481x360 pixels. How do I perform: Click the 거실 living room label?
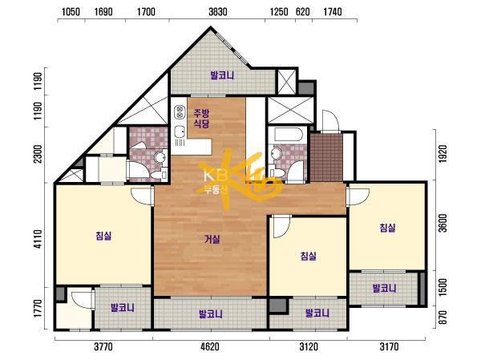click(x=212, y=239)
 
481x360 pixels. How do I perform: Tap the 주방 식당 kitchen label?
click(x=201, y=119)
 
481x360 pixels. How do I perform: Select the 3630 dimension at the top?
click(x=218, y=12)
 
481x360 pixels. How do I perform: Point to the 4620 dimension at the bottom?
click(x=210, y=347)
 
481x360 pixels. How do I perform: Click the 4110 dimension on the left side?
click(x=38, y=239)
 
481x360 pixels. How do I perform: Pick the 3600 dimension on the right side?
click(x=443, y=223)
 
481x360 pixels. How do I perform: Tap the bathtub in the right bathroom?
click(x=289, y=134)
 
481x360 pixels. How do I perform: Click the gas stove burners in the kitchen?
click(x=180, y=112)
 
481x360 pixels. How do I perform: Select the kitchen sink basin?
click(x=180, y=132)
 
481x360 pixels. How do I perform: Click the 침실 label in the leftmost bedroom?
click(x=103, y=236)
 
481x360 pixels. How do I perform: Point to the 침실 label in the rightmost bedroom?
click(x=387, y=228)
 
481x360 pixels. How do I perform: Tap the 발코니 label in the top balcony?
click(x=222, y=75)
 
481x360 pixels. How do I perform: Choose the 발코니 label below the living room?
click(x=210, y=314)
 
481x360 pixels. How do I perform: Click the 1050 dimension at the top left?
click(x=71, y=12)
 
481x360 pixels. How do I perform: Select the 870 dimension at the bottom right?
click(x=443, y=318)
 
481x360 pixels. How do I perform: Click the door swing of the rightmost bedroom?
click(x=358, y=196)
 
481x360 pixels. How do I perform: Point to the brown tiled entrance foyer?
click(x=326, y=157)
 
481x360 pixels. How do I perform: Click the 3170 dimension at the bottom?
click(x=389, y=347)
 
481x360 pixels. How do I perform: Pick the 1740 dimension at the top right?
click(x=333, y=12)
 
